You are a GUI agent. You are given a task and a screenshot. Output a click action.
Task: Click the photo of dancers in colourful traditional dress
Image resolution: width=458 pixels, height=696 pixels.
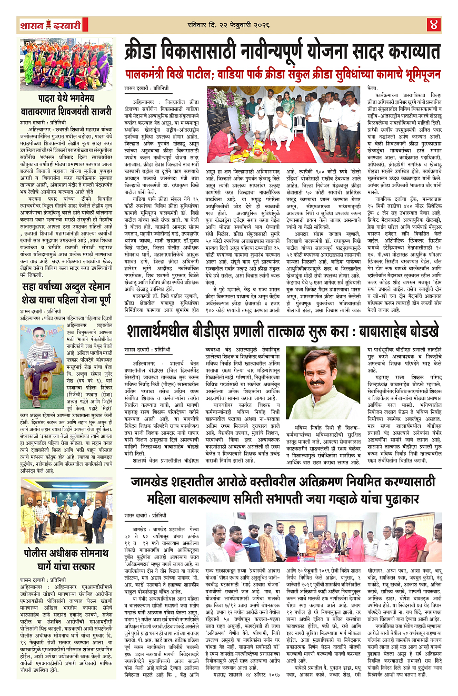pos(66,64)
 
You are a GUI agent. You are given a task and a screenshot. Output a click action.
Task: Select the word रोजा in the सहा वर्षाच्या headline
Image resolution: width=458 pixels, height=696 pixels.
pos(86,301)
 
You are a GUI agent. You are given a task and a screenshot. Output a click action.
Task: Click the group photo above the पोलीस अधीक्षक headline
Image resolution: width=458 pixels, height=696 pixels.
pos(66,503)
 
